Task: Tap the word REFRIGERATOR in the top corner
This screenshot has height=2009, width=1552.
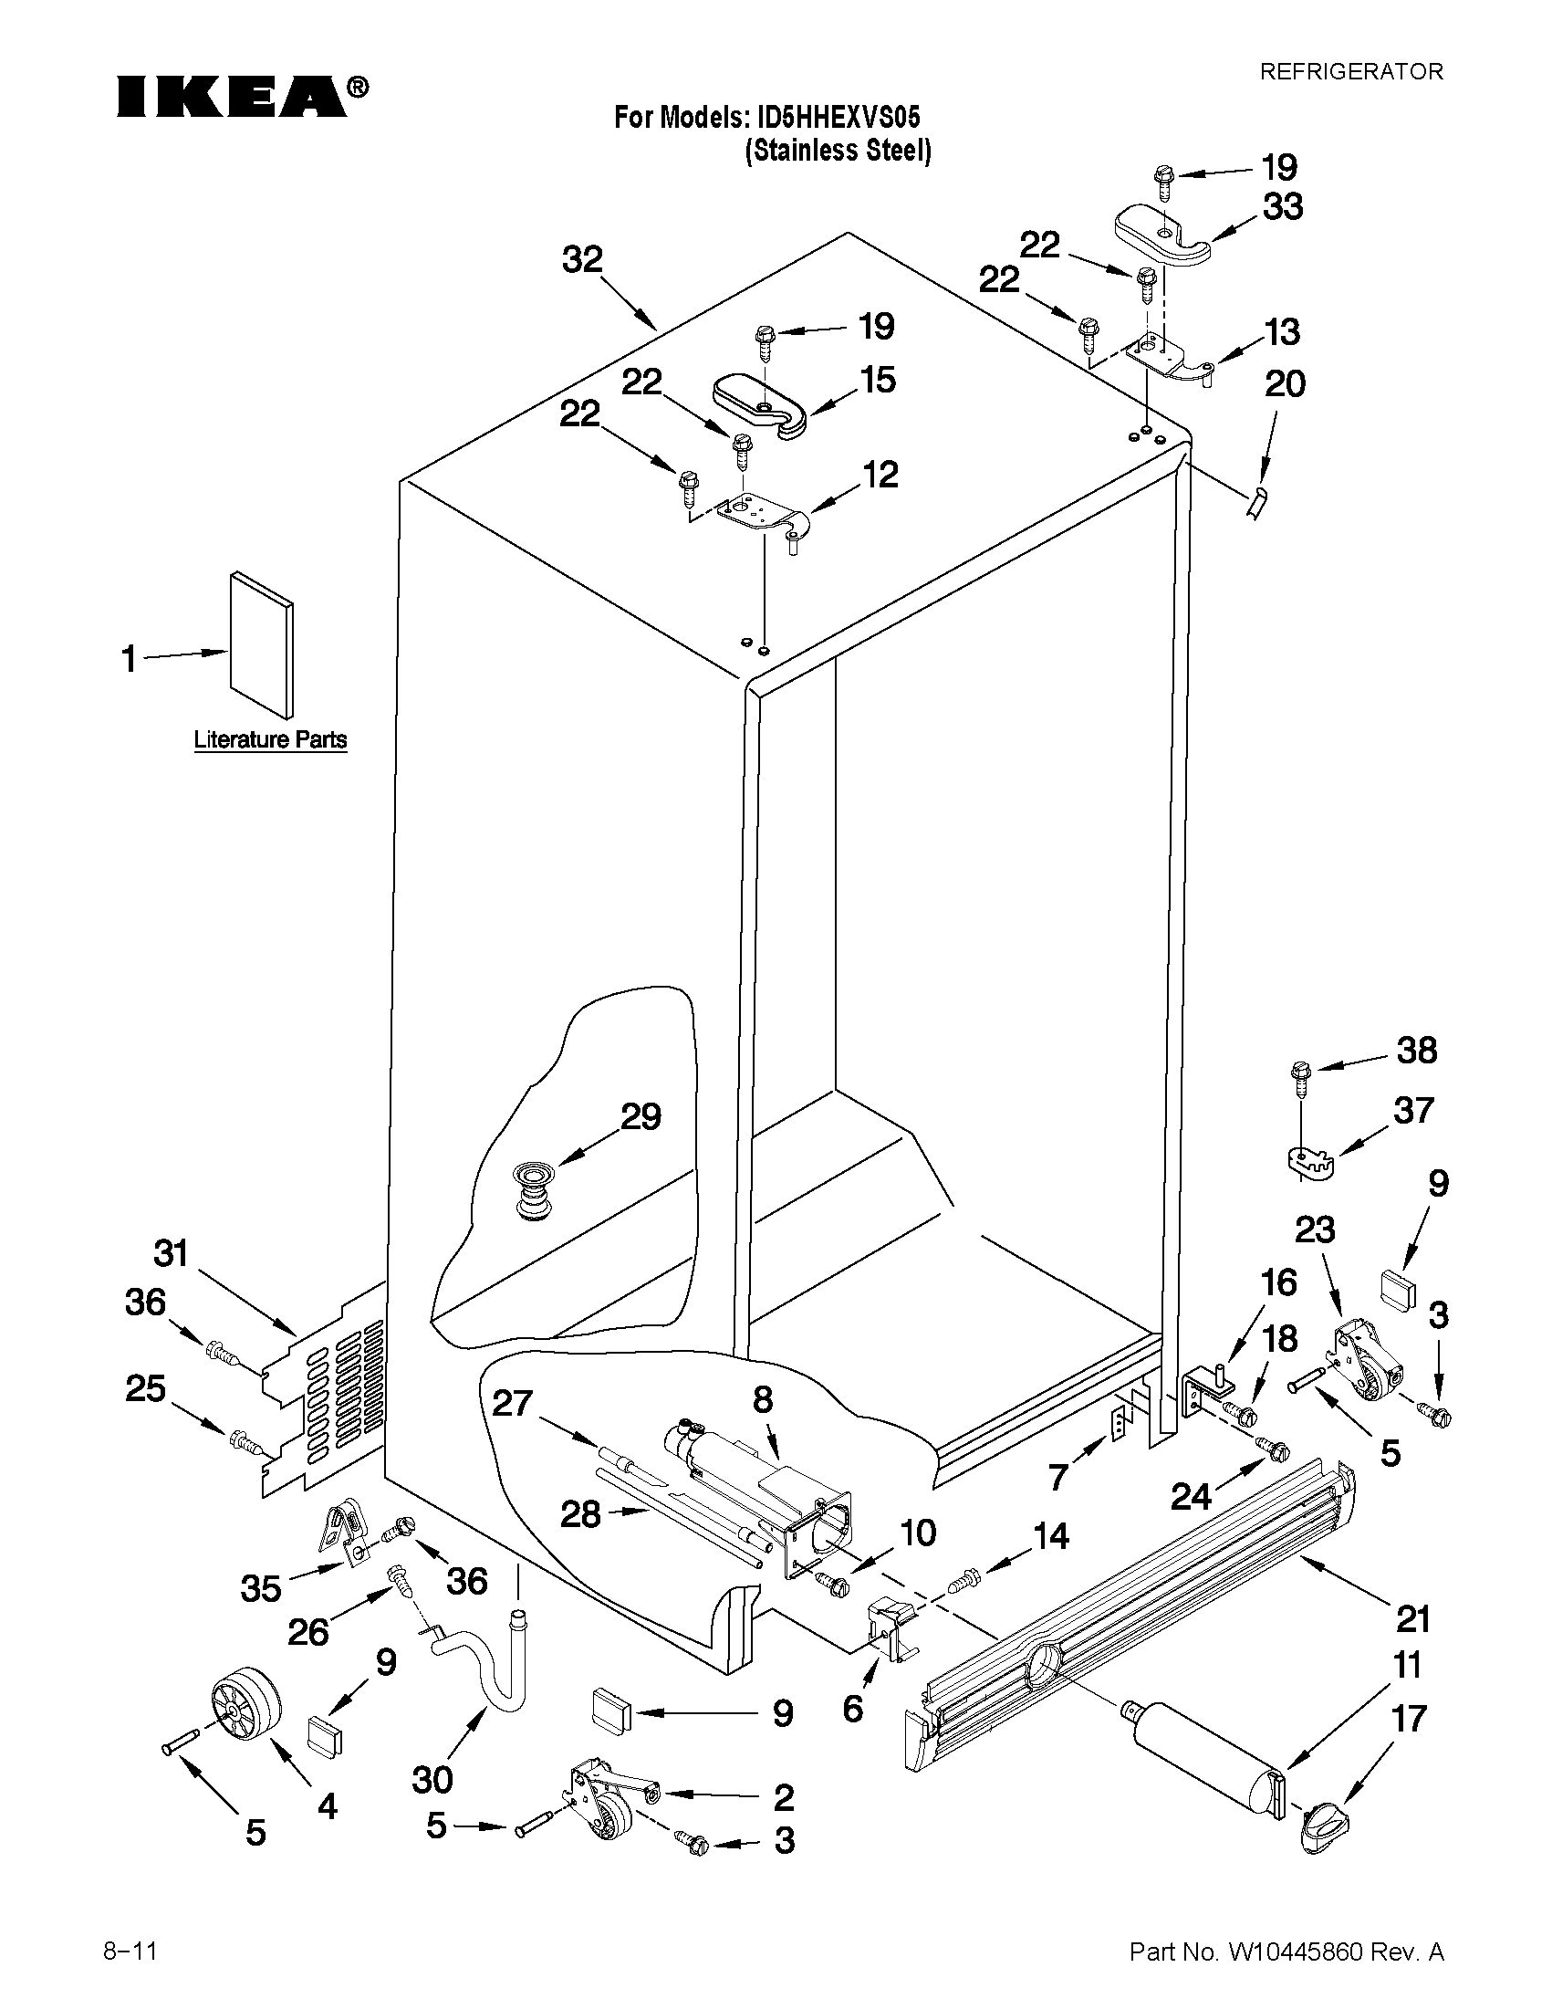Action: pyautogui.click(x=1350, y=72)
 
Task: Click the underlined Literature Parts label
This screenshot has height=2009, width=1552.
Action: pyautogui.click(x=270, y=738)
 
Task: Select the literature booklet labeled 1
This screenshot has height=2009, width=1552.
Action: pyautogui.click(x=263, y=643)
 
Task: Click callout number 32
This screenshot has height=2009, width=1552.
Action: pyautogui.click(x=582, y=259)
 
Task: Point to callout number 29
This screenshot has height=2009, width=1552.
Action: pyautogui.click(x=641, y=1116)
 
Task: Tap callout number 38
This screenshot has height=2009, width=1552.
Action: pyautogui.click(x=1417, y=1050)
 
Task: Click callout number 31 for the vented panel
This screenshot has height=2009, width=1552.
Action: pyautogui.click(x=171, y=1252)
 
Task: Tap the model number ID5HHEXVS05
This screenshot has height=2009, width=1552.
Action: pyautogui.click(x=838, y=119)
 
